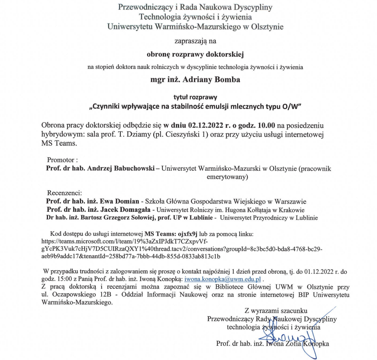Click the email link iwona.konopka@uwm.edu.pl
pos(223,279)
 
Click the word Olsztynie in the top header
pos(265,27)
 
